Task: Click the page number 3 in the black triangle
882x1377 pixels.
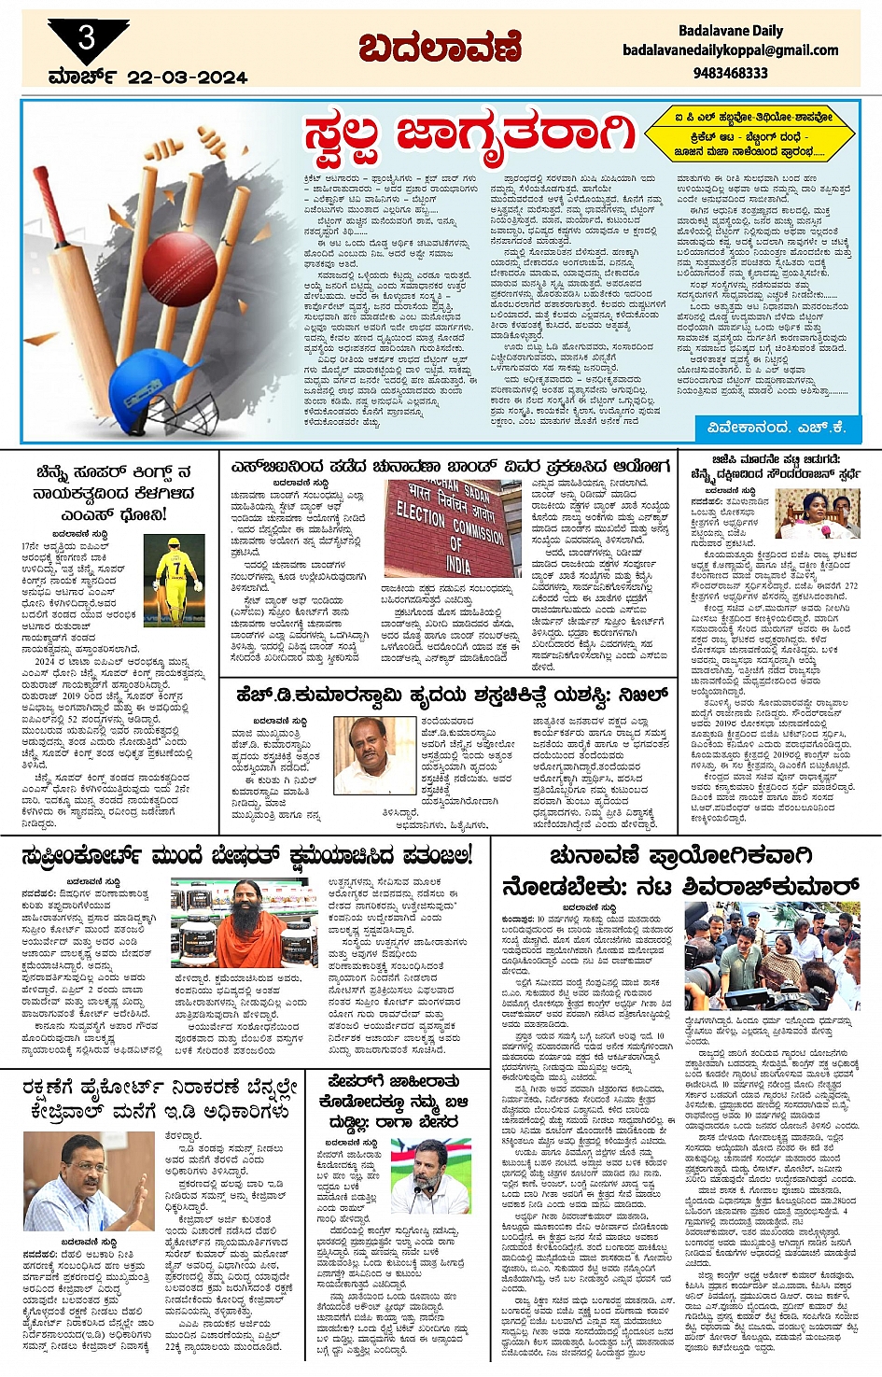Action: (87, 37)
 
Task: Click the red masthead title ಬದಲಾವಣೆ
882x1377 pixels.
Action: (440, 48)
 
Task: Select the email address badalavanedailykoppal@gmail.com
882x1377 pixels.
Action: (730, 50)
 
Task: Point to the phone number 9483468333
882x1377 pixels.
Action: (730, 72)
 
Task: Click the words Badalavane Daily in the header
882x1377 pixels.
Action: (730, 31)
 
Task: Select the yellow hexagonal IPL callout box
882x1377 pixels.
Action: (749, 133)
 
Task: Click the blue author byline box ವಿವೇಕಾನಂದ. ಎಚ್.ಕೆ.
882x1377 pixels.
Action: (777, 427)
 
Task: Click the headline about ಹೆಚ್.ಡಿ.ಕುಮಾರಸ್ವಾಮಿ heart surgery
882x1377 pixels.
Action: (452, 695)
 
